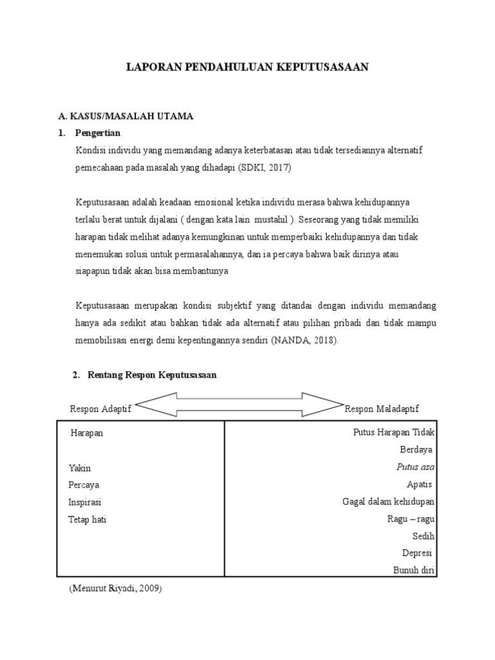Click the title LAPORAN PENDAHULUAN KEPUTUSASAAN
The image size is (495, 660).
click(x=247, y=67)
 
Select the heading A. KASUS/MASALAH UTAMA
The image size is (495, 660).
click(x=126, y=116)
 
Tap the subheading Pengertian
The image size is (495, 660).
click(x=98, y=133)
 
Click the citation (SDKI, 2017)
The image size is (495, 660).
click(x=264, y=167)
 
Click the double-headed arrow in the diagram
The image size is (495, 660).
click(x=239, y=405)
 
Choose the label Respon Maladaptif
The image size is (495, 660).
click(x=382, y=409)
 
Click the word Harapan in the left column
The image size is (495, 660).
click(x=86, y=433)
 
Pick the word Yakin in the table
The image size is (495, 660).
click(x=80, y=468)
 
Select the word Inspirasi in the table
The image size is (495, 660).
click(x=85, y=502)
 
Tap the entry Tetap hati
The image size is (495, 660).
click(x=87, y=519)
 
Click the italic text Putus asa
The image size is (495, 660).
click(x=415, y=467)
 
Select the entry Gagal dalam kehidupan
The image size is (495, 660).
click(x=388, y=502)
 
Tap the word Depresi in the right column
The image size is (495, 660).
click(x=417, y=553)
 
